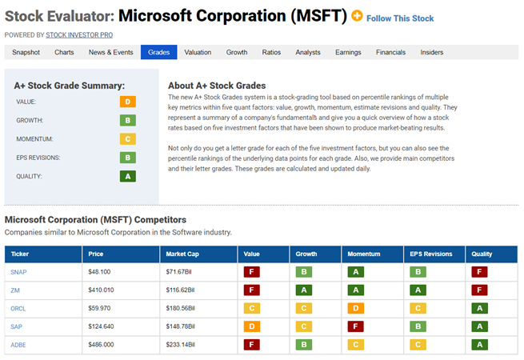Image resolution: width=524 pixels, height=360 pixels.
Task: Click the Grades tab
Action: [158, 52]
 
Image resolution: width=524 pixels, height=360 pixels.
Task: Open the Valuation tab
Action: [198, 52]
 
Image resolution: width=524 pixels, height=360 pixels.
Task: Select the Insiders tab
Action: [432, 52]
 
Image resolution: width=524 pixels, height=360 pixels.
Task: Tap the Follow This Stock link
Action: [400, 18]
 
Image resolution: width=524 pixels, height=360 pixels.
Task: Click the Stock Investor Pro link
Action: [79, 34]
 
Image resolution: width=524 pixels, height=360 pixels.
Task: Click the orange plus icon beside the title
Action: [357, 16]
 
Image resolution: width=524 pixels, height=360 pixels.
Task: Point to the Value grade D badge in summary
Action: [128, 102]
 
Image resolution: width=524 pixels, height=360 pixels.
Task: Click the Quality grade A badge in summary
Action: [128, 176]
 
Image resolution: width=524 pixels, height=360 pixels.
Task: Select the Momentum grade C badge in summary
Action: [128, 139]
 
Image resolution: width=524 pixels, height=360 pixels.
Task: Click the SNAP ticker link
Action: [18, 272]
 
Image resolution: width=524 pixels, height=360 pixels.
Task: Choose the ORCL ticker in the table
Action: [18, 309]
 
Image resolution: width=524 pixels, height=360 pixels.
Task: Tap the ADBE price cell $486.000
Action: [101, 345]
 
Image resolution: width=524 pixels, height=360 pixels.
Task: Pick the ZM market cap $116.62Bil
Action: [180, 290]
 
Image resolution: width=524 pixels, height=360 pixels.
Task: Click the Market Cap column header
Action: [182, 254]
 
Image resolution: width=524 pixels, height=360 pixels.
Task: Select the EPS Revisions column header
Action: [430, 254]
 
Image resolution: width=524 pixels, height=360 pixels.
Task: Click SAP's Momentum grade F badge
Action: [355, 326]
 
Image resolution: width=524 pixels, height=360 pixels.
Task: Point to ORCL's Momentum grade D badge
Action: [355, 308]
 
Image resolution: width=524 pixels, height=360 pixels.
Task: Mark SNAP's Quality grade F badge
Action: [479, 272]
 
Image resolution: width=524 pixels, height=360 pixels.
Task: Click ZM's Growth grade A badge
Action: [304, 290]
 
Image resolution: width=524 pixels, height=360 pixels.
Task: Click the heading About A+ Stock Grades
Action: [217, 86]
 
